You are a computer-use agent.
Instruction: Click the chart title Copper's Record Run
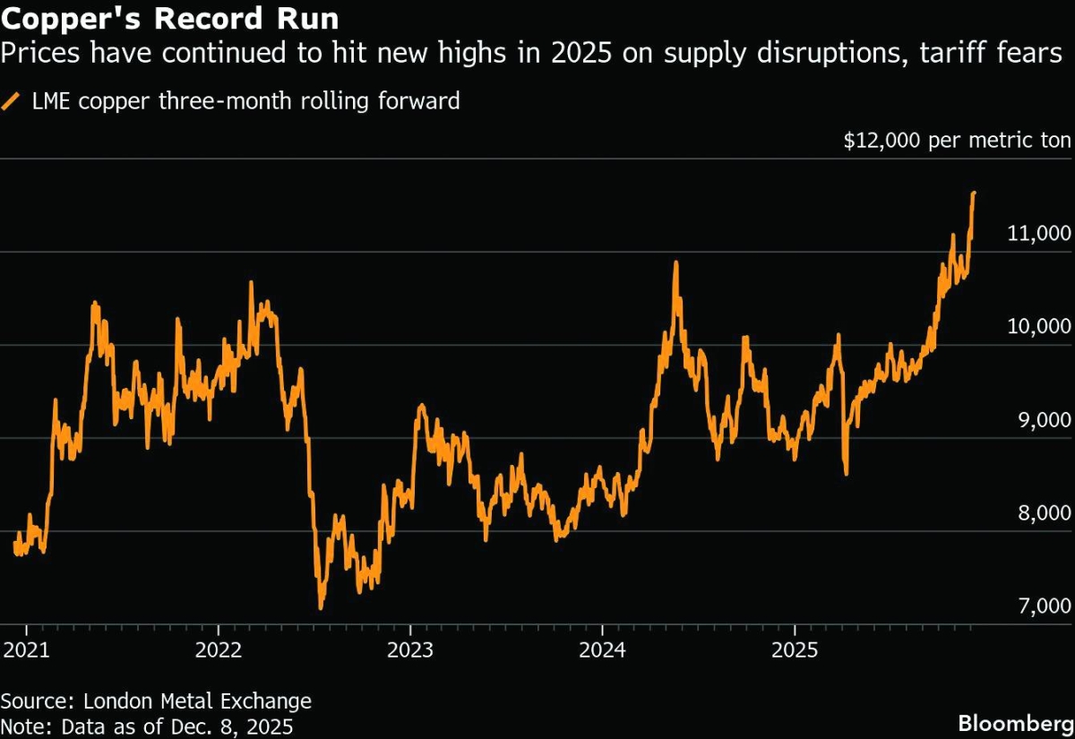click(169, 18)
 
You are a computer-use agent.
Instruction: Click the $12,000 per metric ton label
click(957, 141)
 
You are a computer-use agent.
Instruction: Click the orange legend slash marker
click(12, 101)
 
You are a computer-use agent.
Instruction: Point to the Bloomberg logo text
click(1014, 722)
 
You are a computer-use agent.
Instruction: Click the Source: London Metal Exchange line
click(156, 701)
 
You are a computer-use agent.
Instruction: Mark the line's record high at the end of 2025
click(974, 193)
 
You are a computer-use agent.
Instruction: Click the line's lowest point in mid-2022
click(320, 608)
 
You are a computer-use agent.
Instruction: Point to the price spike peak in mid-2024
click(675, 262)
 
